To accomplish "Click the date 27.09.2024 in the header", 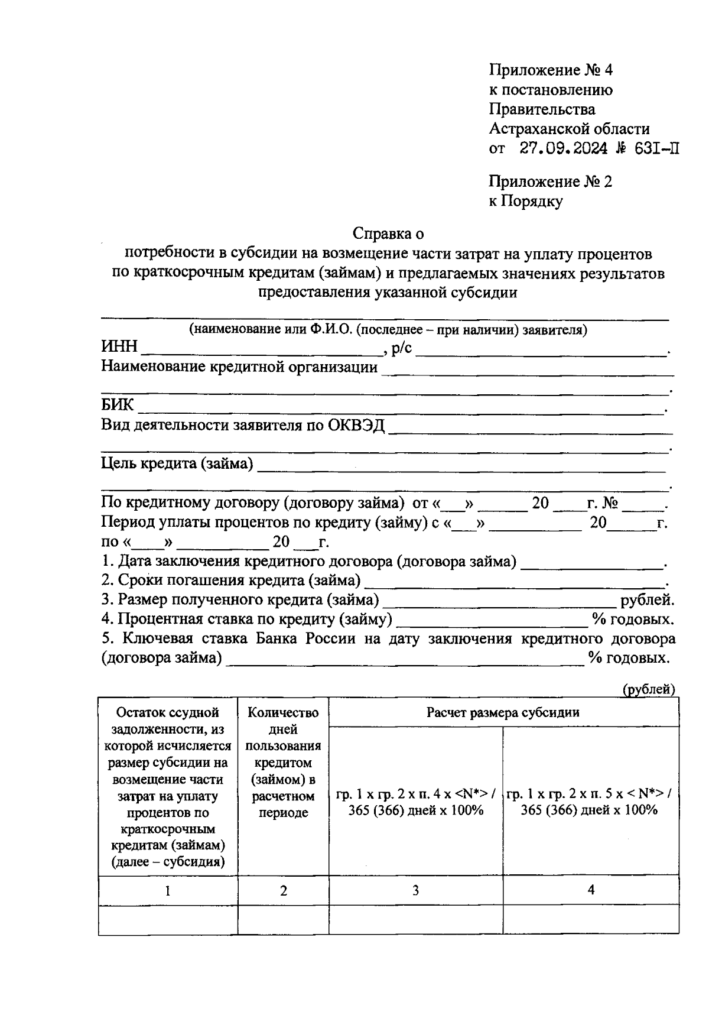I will click(x=563, y=149).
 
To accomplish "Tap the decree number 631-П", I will click(x=654, y=149).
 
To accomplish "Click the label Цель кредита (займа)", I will click(x=177, y=463).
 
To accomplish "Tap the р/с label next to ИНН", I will click(x=402, y=348).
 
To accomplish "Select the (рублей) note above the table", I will click(x=648, y=689).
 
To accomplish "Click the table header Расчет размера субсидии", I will click(x=503, y=712).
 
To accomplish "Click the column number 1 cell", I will click(x=168, y=891).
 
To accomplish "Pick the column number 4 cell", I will click(x=591, y=890).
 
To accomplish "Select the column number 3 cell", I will click(x=415, y=890).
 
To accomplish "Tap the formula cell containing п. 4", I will click(x=416, y=802).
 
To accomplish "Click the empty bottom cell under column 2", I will click(x=284, y=920).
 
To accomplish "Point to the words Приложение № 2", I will click(x=550, y=182).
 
